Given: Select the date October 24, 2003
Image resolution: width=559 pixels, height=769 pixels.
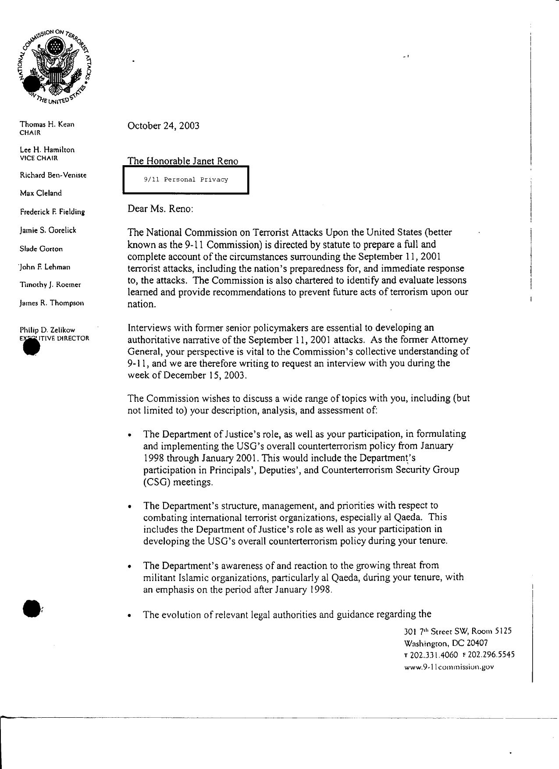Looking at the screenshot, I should tap(163, 126).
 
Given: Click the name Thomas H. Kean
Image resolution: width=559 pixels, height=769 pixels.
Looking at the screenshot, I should tap(47, 124).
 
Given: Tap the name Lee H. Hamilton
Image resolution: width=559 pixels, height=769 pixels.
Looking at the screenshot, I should tap(47, 149).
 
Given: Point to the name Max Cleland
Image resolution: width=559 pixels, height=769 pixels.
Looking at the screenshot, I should tap(41, 193).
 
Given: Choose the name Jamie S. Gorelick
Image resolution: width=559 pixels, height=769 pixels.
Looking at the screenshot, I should tap(48, 230).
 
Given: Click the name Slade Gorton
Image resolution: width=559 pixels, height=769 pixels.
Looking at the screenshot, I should tap(41, 249).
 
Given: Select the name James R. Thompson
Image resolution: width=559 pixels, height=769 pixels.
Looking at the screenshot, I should tap(52, 303).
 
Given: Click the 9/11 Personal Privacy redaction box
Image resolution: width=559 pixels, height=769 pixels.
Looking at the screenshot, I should tap(186, 180).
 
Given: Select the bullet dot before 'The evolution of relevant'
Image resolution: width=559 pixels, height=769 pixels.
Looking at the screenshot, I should tap(129, 616).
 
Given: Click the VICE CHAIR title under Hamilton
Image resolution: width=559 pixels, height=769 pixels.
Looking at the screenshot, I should tap(39, 158).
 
